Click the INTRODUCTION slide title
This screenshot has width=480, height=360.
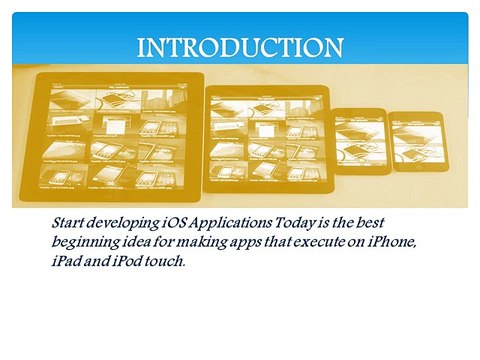click(x=239, y=47)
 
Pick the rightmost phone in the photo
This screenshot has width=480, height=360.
click(x=415, y=141)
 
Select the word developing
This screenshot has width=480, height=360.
click(x=122, y=221)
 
